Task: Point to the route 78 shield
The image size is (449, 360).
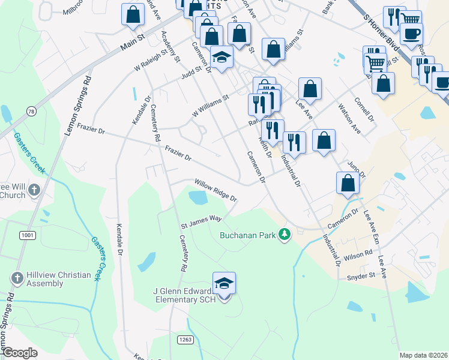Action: [31, 110]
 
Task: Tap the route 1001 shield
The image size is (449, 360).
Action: [29, 235]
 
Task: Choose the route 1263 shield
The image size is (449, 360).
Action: [184, 340]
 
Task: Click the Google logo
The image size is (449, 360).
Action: [20, 352]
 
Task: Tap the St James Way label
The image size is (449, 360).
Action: [202, 222]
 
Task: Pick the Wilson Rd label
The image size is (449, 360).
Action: [358, 256]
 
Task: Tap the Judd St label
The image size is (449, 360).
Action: [191, 74]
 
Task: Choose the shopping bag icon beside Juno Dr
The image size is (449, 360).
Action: [348, 184]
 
